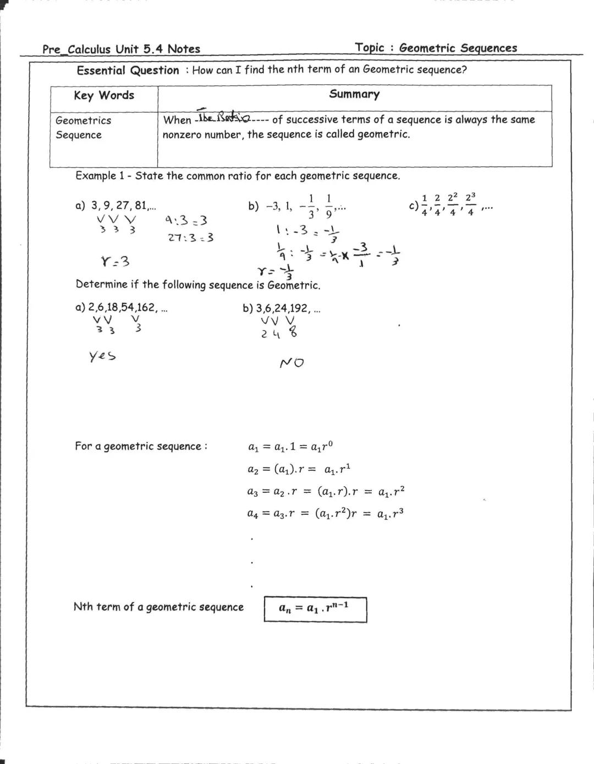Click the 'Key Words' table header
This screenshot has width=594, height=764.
(x=104, y=95)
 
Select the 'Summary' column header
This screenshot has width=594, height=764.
(x=354, y=94)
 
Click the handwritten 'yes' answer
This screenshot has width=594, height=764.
(x=102, y=356)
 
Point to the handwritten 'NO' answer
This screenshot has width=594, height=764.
(x=291, y=363)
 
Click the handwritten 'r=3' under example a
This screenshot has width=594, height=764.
(x=116, y=261)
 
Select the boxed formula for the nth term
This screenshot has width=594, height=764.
(x=315, y=609)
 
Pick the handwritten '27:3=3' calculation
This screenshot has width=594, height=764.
(x=190, y=238)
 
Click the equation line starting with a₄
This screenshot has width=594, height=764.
(x=326, y=514)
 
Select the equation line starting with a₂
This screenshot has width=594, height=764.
(x=299, y=469)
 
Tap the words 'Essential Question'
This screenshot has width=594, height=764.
(x=128, y=70)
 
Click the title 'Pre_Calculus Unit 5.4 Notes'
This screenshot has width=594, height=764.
(x=121, y=49)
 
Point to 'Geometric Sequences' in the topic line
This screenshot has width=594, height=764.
(x=458, y=48)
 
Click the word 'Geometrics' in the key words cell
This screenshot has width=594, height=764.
(x=83, y=120)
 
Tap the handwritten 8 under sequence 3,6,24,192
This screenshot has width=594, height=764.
(x=293, y=332)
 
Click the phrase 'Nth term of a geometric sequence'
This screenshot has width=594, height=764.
(x=158, y=607)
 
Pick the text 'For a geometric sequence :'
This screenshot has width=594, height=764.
(x=141, y=446)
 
